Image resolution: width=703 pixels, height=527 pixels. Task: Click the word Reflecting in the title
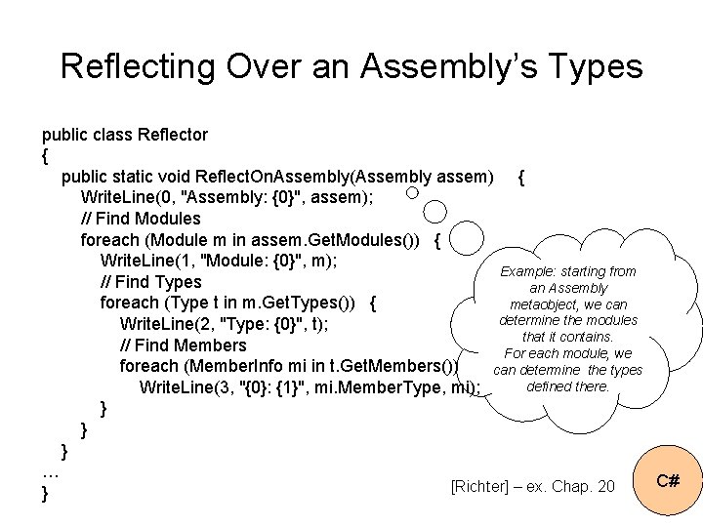[137, 66]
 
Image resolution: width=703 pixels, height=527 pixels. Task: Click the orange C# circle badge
[668, 481]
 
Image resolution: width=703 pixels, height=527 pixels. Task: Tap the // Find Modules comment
[141, 219]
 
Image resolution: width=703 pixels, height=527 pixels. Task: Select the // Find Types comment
[150, 282]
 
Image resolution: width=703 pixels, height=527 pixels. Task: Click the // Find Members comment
[184, 345]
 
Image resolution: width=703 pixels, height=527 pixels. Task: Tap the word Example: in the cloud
[529, 271]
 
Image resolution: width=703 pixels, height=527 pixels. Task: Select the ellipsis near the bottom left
[51, 472]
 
